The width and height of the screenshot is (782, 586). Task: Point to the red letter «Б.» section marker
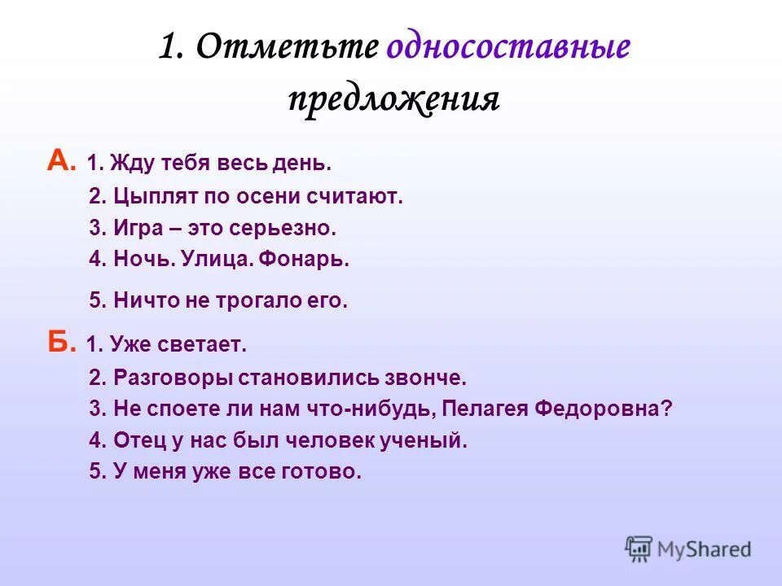click(x=62, y=344)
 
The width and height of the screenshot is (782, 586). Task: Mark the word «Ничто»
click(x=143, y=301)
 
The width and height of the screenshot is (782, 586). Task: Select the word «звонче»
click(x=428, y=378)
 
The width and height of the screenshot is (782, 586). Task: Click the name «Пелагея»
click(x=490, y=409)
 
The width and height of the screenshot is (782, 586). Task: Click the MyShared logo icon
click(x=639, y=549)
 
